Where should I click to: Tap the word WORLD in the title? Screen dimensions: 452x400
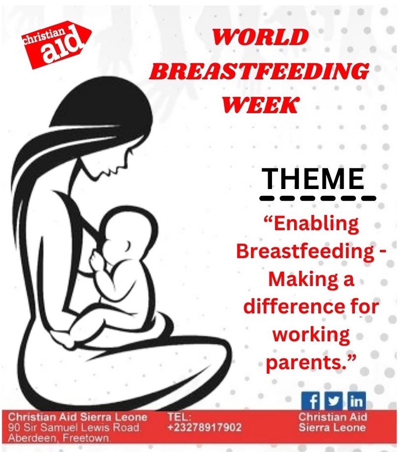coord(260,37)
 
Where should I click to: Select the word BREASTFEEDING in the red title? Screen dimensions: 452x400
coord(259,72)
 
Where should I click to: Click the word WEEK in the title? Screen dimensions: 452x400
coord(260,104)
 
